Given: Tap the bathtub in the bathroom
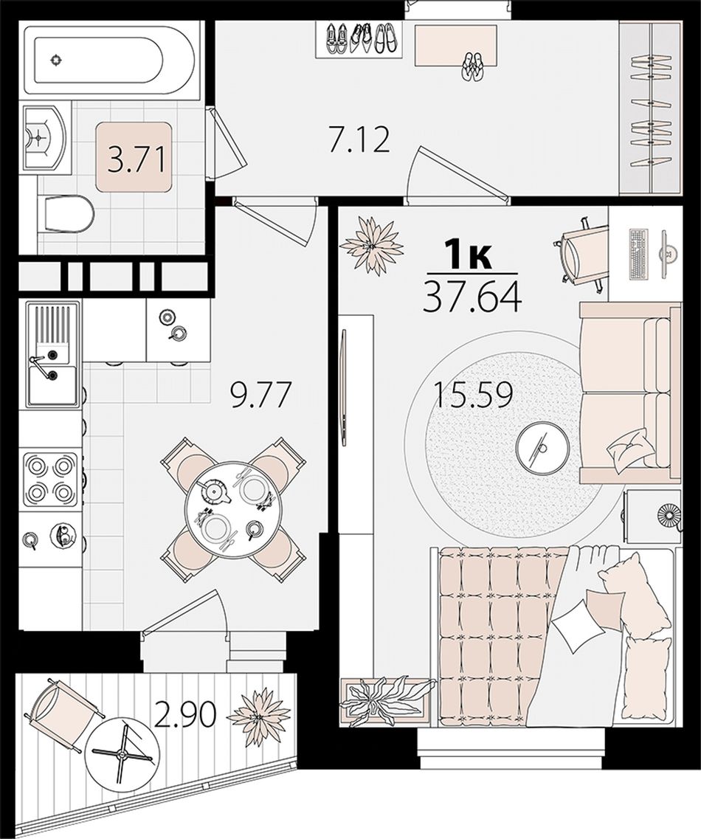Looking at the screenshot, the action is [x=97, y=59].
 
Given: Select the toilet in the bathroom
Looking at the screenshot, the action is [x=66, y=215].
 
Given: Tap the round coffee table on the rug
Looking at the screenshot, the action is [x=543, y=446].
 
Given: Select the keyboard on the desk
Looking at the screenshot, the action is [x=638, y=254].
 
